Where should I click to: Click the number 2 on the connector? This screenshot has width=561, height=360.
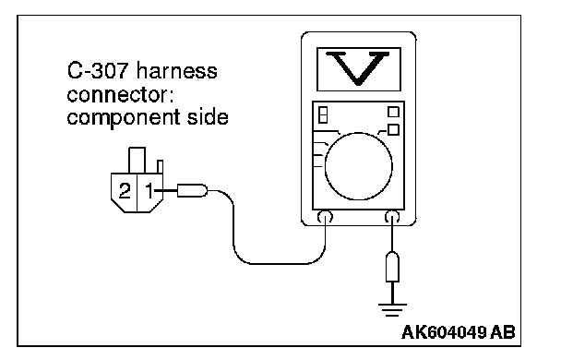[x=125, y=191]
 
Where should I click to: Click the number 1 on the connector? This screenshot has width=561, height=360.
[x=149, y=190]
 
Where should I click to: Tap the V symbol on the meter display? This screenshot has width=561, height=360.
[x=358, y=68]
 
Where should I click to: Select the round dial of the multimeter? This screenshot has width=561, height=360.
[x=359, y=166]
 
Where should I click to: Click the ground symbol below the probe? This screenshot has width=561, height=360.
[x=392, y=310]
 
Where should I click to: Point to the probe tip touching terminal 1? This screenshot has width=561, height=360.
[x=192, y=190]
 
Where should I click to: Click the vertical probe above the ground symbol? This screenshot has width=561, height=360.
[x=392, y=267]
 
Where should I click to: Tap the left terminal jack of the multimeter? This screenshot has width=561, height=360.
[x=325, y=217]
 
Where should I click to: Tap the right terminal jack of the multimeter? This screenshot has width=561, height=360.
[x=392, y=217]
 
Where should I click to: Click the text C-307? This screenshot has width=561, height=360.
[x=97, y=70]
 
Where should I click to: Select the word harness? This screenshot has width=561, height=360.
[x=177, y=70]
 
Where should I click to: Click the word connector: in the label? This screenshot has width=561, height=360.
[x=120, y=94]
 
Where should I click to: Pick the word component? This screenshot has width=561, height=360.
[x=124, y=118]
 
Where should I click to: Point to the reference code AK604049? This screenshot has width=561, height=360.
[x=444, y=332]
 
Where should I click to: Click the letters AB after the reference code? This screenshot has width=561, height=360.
[x=503, y=332]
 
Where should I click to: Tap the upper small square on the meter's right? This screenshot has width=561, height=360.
[x=393, y=112]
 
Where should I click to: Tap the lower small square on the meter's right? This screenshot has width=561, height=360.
[x=393, y=129]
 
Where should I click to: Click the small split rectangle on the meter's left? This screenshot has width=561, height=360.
[x=323, y=114]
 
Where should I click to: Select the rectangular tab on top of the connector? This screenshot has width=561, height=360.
[x=137, y=161]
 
